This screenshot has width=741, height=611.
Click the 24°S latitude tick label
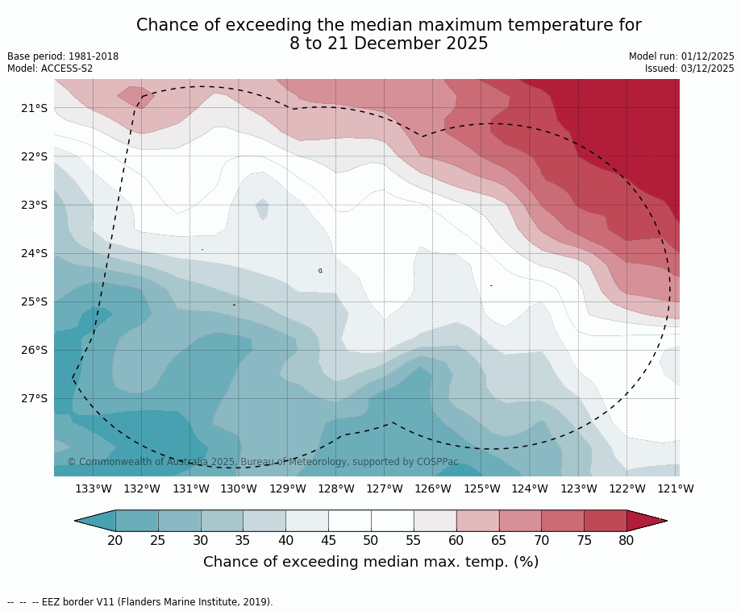click(34, 253)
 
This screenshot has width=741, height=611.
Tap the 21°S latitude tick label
click(34, 108)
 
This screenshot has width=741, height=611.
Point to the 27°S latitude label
click(34, 398)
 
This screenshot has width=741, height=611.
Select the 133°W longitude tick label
click(94, 488)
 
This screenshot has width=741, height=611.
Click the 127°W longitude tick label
click(385, 488)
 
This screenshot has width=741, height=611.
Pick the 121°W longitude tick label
click(676, 488)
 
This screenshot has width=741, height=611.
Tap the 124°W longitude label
click(530, 488)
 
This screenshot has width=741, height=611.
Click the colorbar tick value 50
click(371, 540)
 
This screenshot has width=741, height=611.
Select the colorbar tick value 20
click(115, 540)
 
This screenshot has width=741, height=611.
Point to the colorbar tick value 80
click(627, 540)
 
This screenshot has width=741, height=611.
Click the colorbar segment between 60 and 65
click(477, 521)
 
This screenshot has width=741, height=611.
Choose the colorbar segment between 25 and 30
click(179, 521)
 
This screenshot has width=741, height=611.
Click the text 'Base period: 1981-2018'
click(63, 56)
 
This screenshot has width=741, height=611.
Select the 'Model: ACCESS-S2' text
click(50, 69)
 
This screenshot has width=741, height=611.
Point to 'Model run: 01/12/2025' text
click(681, 56)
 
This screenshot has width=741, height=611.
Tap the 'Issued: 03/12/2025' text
click(689, 69)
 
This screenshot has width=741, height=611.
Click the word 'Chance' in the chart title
click(164, 26)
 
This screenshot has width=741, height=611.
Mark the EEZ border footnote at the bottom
click(140, 602)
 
